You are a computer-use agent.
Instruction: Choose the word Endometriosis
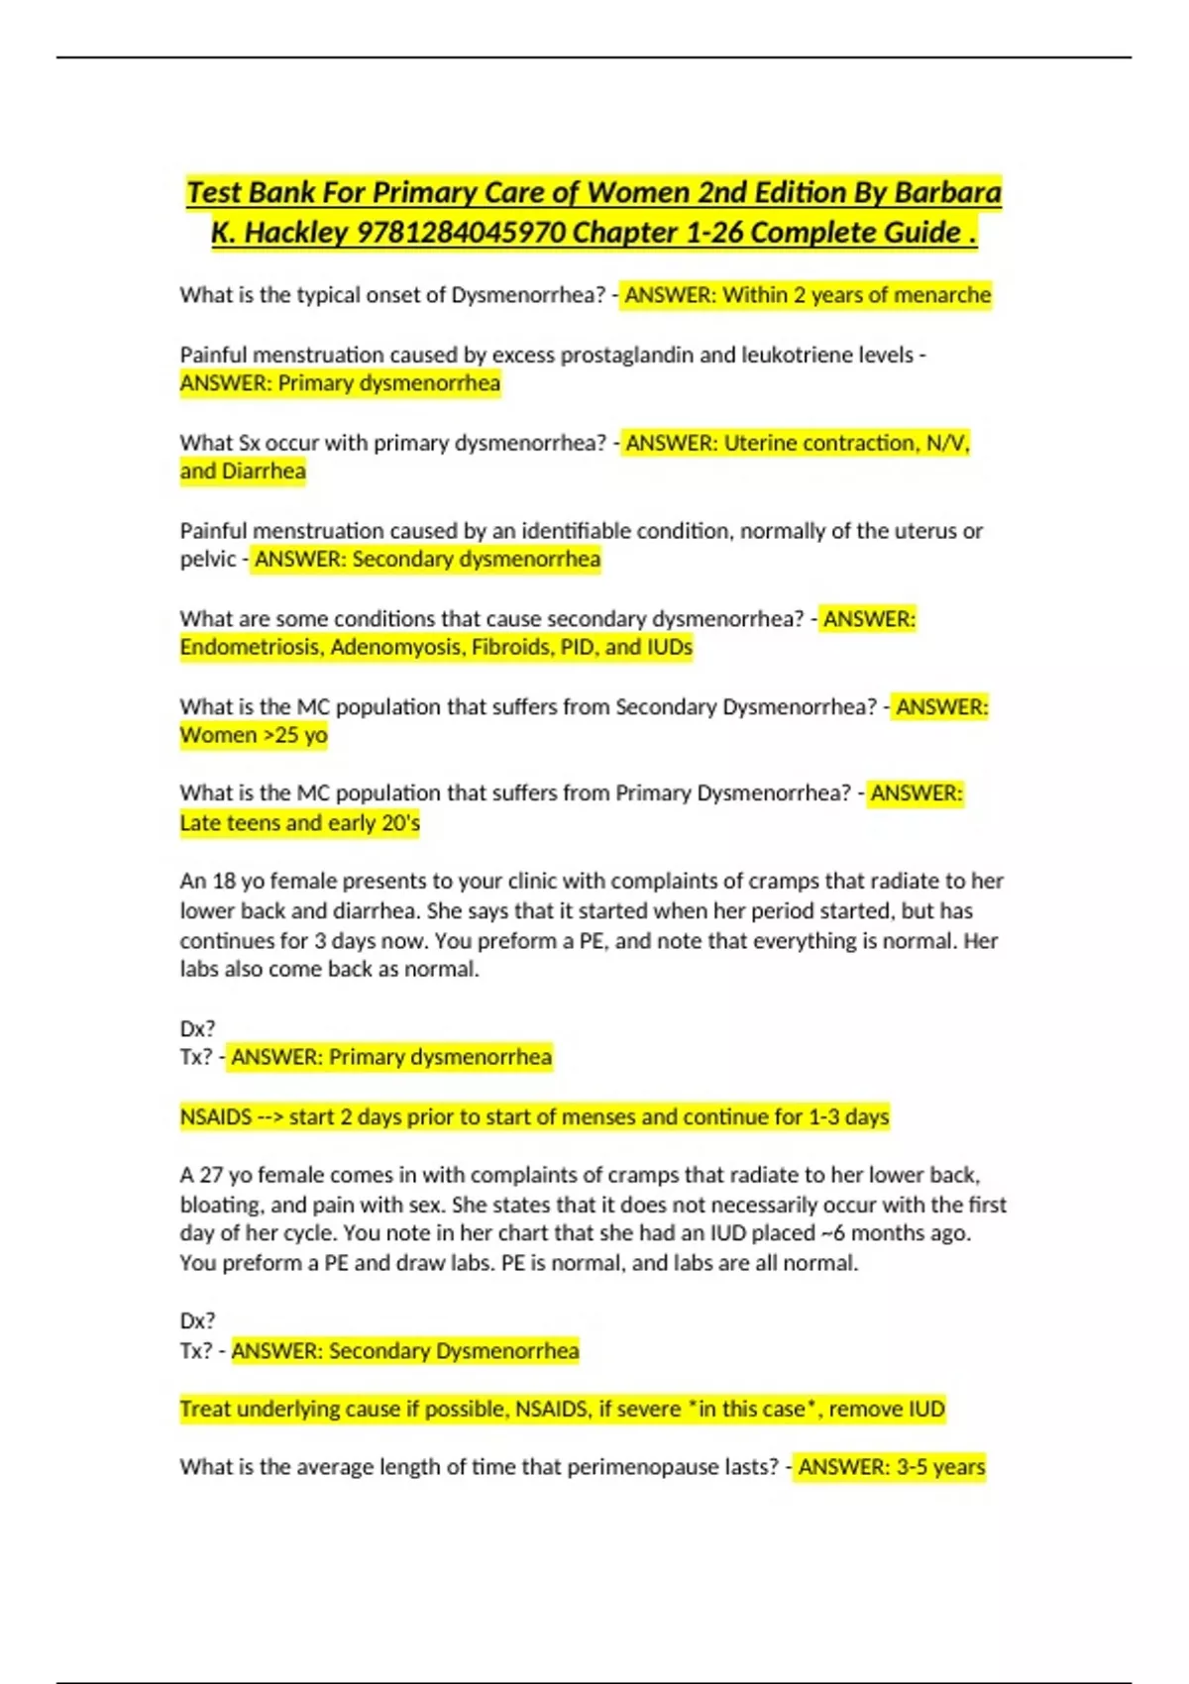[251, 648]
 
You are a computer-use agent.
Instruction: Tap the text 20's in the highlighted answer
[400, 823]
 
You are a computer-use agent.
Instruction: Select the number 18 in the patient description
[224, 882]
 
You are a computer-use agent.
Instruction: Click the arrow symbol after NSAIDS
[270, 1117]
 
